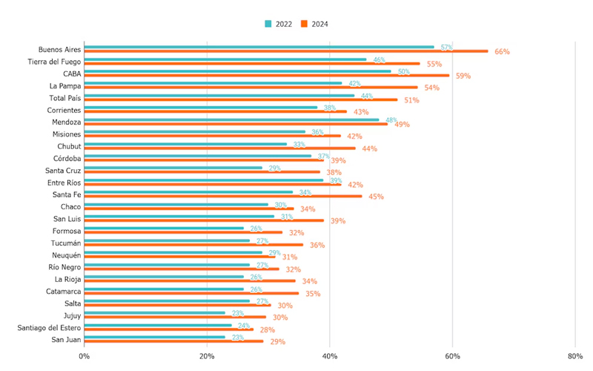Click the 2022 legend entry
click(279, 24)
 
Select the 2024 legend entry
click(315, 24)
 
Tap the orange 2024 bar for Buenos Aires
click(285, 51)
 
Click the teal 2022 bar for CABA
click(237, 71)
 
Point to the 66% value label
click(502, 52)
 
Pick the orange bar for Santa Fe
click(222, 197)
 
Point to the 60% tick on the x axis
click(452, 356)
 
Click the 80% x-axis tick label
click(575, 356)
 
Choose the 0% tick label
click(84, 356)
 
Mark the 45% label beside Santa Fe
click(376, 197)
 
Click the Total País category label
click(64, 98)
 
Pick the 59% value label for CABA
click(463, 76)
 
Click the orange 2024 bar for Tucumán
click(193, 245)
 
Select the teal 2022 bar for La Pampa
click(213, 83)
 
